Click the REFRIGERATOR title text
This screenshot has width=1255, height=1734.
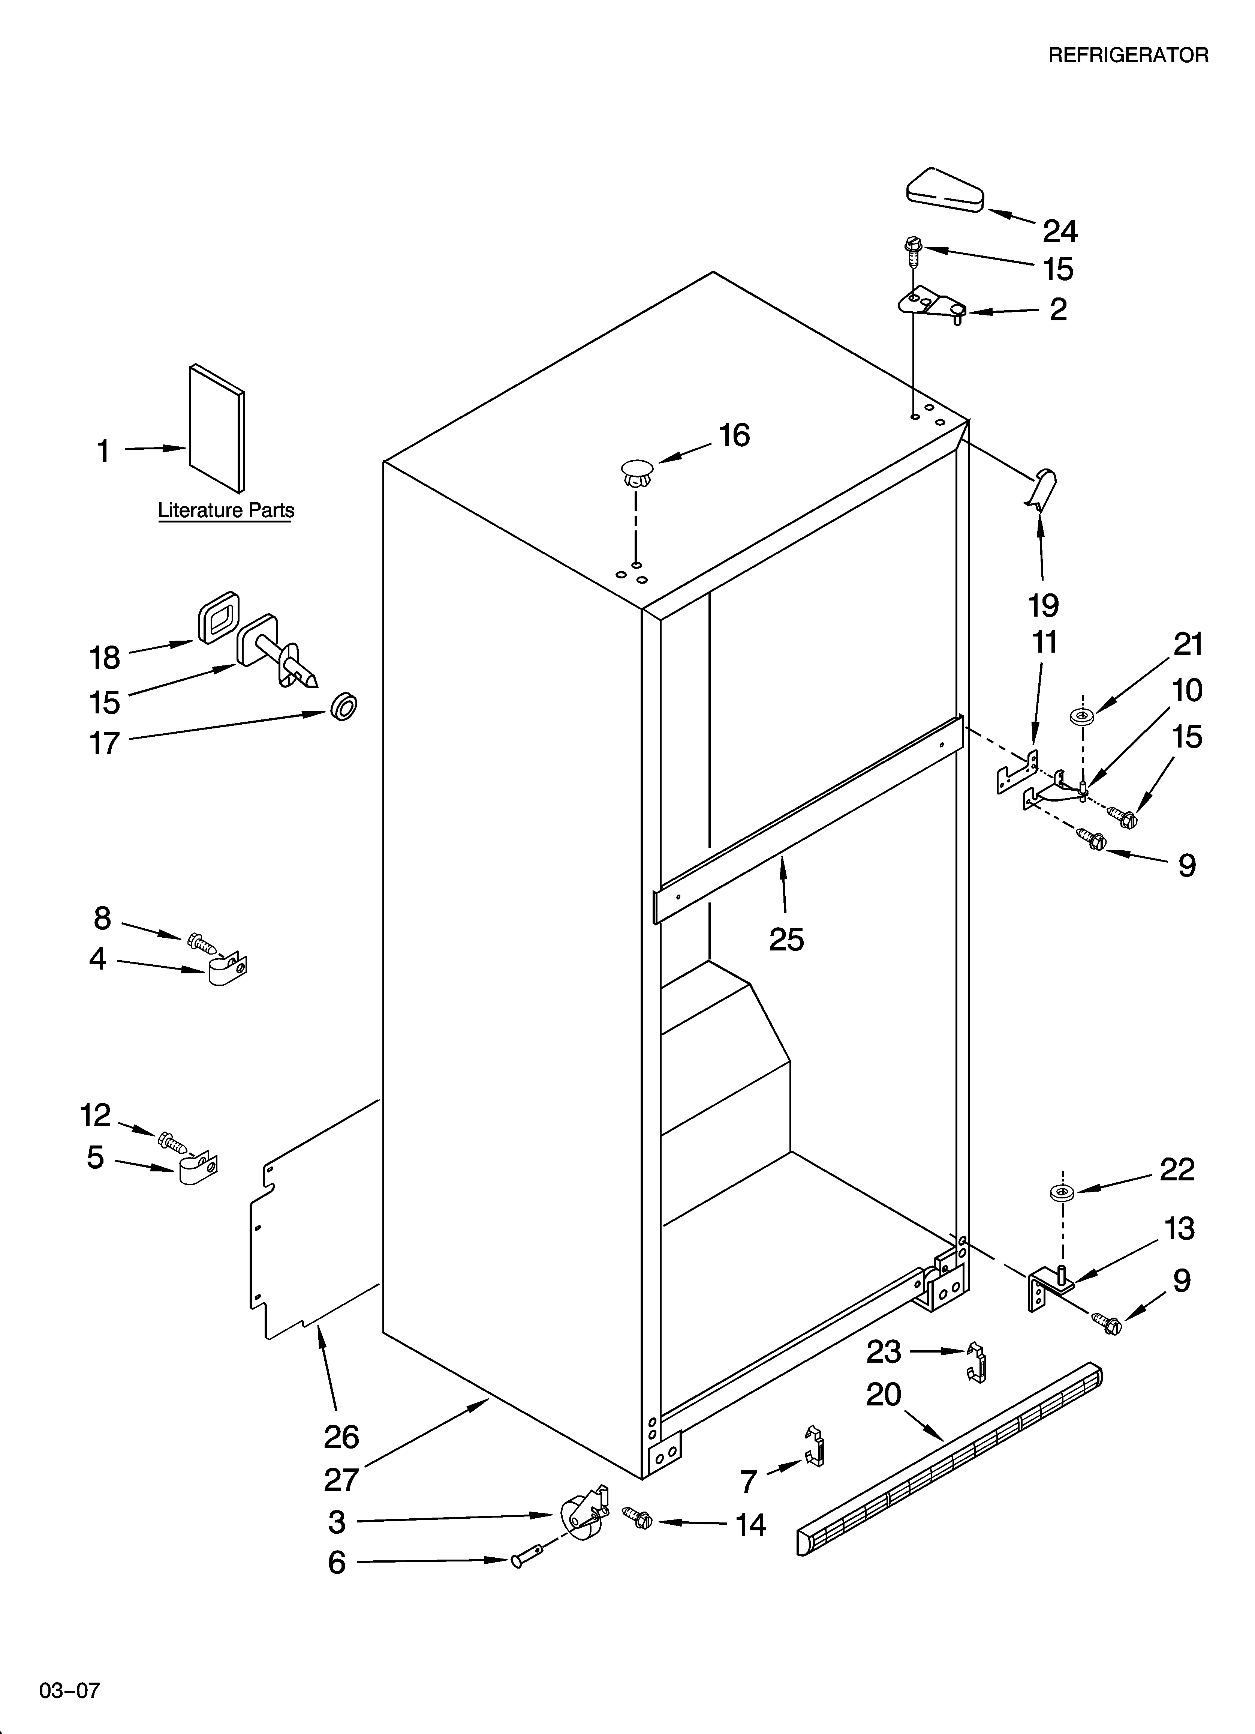[1127, 55]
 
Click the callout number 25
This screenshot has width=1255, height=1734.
[786, 939]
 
